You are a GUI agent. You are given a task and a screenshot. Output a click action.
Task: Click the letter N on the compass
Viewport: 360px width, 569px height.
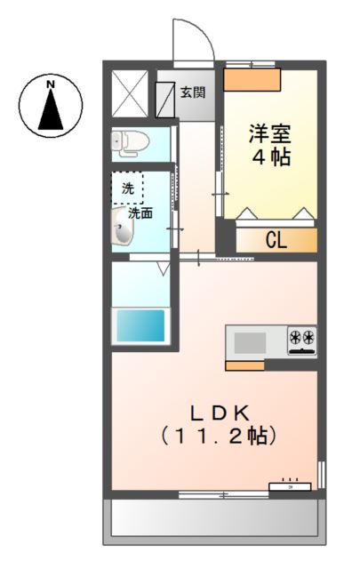click(51, 85)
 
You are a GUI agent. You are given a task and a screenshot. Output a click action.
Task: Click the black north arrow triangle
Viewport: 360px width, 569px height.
click(51, 112)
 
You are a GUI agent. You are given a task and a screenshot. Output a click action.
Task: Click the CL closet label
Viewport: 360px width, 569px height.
click(275, 240)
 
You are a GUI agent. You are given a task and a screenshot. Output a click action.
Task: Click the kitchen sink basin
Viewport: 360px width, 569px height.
click(251, 341)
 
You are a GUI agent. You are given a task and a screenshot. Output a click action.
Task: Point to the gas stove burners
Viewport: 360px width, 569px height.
click(301, 338)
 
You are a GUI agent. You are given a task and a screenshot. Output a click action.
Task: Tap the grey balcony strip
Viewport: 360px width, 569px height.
click(213, 518)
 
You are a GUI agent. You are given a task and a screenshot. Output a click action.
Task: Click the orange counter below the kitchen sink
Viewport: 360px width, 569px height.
click(244, 365)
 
